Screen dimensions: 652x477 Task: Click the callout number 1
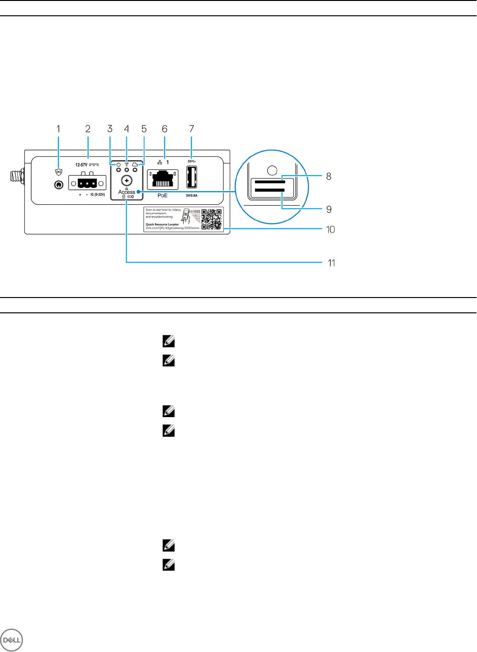pyautogui.click(x=58, y=129)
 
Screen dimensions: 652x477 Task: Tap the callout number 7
pyautogui.click(x=191, y=129)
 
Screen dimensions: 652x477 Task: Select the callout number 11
pyautogui.click(x=331, y=263)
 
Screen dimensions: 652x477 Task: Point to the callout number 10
pyautogui.click(x=330, y=230)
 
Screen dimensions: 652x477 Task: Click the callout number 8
pyautogui.click(x=329, y=177)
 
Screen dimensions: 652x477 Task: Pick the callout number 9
pyautogui.click(x=329, y=210)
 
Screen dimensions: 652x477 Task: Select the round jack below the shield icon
pyautogui.click(x=59, y=185)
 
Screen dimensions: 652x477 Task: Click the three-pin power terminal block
pyautogui.click(x=87, y=182)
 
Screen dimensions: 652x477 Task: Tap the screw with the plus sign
pyautogui.click(x=127, y=180)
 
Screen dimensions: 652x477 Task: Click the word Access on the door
pyautogui.click(x=127, y=192)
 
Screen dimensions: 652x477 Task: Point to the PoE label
pyautogui.click(x=163, y=195)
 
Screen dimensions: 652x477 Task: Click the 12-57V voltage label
pyautogui.click(x=81, y=165)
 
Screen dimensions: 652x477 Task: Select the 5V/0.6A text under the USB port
pyautogui.click(x=191, y=195)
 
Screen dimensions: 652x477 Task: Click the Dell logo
pyautogui.click(x=11, y=640)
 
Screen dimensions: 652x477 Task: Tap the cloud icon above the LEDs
pyautogui.click(x=135, y=165)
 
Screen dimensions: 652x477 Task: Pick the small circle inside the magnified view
pyautogui.click(x=272, y=170)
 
